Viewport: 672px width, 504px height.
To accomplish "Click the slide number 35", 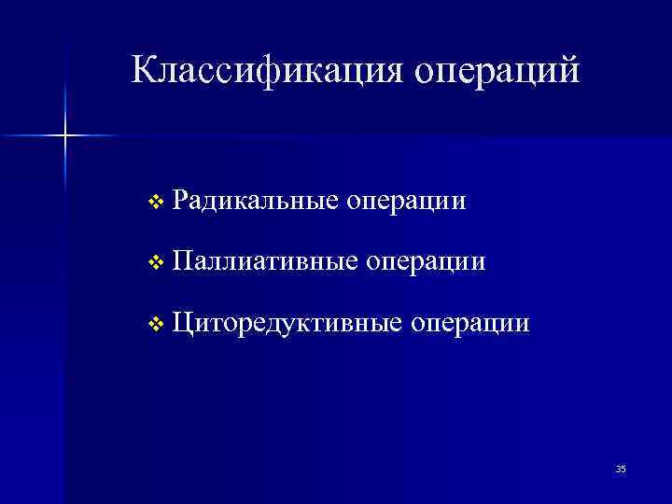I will tap(621, 469).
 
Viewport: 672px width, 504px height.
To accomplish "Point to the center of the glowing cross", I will tap(65, 136).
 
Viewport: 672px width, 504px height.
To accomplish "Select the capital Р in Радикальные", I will tap(181, 200).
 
